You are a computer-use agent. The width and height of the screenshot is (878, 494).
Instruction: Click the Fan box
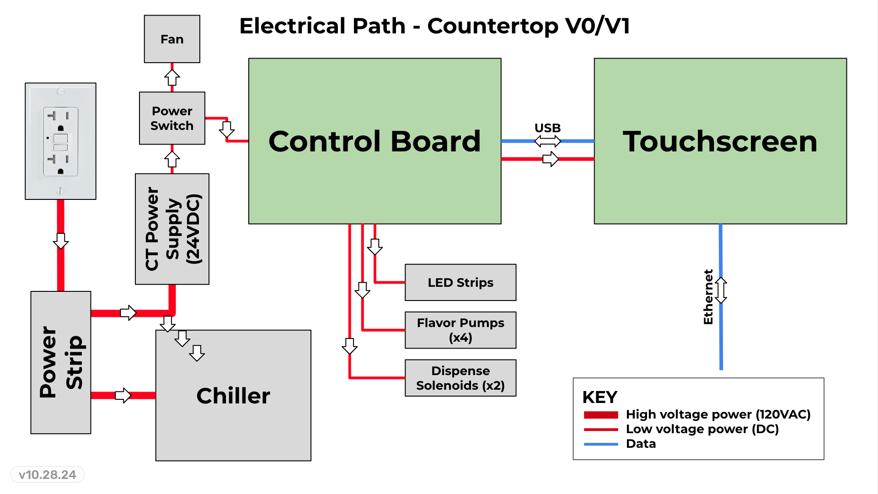point(172,39)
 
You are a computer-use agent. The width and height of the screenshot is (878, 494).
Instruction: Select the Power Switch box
point(172,118)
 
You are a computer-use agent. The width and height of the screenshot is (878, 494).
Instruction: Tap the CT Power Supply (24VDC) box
point(172,229)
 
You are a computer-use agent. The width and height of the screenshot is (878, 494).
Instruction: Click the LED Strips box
point(460,282)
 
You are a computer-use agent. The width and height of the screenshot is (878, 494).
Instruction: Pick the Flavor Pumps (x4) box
point(460,330)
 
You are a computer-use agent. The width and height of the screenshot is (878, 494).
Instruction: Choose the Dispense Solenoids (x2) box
point(460,378)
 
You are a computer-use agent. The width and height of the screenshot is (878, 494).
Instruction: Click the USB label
point(547,128)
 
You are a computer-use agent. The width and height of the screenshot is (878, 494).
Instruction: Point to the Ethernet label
point(708,297)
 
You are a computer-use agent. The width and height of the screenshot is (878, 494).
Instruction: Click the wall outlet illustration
point(60,141)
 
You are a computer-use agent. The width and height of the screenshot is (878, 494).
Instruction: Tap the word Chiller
point(233,396)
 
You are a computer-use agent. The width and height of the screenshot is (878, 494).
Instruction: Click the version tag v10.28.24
point(48,475)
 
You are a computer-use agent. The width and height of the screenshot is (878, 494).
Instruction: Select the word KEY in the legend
point(600,397)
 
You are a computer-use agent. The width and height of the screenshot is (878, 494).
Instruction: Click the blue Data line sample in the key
point(601,444)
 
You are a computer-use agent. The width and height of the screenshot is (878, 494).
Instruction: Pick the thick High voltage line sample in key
point(601,415)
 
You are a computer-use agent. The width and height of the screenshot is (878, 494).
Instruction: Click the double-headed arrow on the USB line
point(547,141)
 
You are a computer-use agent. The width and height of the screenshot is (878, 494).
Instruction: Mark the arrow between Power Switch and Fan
point(172,77)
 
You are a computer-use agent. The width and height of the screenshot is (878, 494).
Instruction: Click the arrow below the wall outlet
point(61,241)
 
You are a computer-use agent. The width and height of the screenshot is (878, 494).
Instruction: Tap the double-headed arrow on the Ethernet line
point(721,290)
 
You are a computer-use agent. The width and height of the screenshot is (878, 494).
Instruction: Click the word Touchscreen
point(720,141)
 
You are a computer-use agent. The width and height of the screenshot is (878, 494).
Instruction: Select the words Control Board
point(375,141)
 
